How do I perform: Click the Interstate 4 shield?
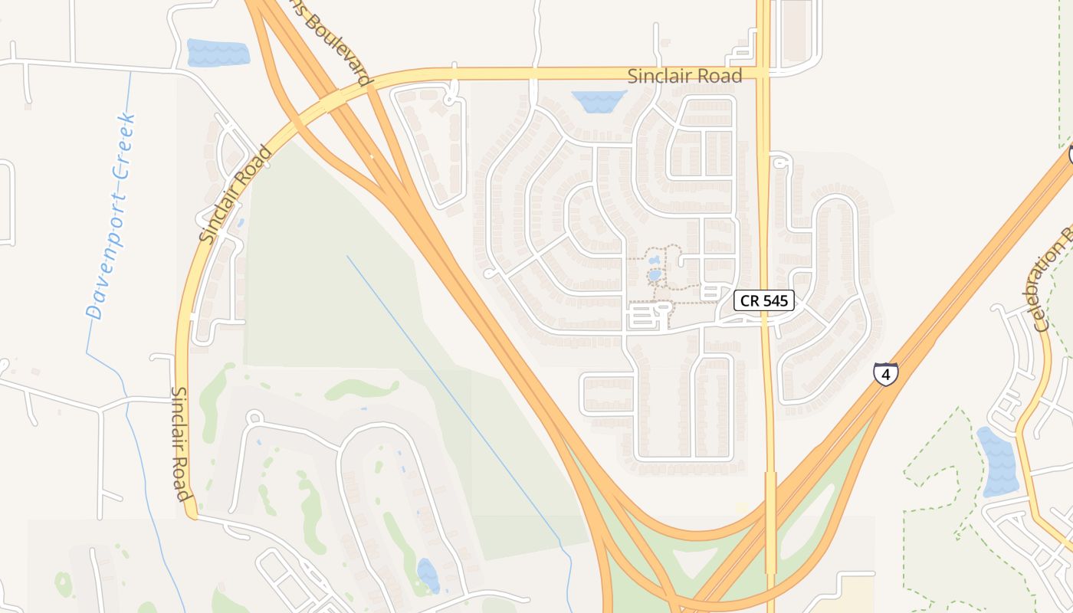click(885, 374)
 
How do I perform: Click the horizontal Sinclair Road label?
click(684, 76)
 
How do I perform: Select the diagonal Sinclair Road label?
click(235, 195)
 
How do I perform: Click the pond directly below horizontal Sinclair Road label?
click(599, 100)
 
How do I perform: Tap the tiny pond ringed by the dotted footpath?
click(654, 274)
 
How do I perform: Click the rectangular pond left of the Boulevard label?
click(218, 53)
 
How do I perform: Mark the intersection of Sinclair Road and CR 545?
click(763, 74)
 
